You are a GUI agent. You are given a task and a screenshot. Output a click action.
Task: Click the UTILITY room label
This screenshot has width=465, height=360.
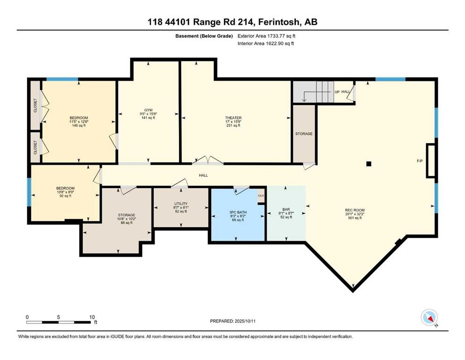tap(180, 204)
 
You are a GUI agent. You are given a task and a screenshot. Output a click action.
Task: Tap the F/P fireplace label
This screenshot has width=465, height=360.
tap(420, 161)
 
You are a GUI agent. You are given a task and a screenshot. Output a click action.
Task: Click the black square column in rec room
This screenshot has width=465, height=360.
tap(369, 164)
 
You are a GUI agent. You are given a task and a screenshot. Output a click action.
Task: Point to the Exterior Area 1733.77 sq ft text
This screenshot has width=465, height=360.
tap(266, 36)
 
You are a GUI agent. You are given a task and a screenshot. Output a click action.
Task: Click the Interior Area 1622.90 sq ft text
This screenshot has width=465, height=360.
tap(266, 43)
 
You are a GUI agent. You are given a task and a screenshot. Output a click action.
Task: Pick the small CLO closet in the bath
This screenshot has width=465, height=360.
tap(261, 196)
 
